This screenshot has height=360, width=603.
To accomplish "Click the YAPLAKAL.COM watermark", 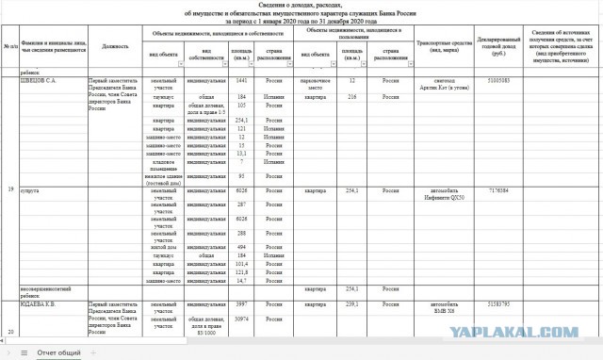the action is click(534, 330).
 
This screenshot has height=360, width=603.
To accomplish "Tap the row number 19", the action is click(10, 190).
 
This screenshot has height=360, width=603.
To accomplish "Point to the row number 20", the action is click(10, 333).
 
